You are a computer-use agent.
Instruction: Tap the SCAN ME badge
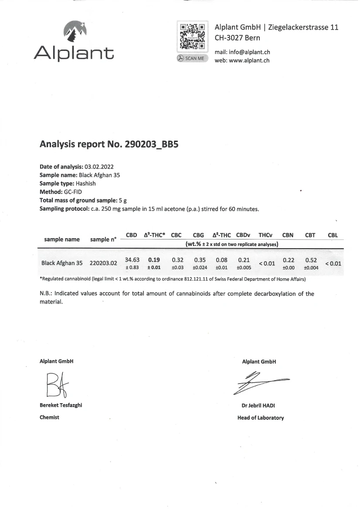(x=192, y=58)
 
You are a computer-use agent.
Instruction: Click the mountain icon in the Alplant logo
(x=75, y=31)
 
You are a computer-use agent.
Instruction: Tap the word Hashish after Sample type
(x=85, y=183)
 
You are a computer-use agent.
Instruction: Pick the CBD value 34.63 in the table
(x=132, y=260)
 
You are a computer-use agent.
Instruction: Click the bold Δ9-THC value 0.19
(x=154, y=260)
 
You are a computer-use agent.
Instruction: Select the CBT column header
(x=310, y=235)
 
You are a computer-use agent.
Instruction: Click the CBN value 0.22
(x=289, y=260)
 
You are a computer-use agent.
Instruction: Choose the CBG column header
(x=199, y=235)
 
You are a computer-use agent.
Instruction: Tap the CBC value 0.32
(x=178, y=260)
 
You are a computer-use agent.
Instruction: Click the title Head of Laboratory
(x=261, y=418)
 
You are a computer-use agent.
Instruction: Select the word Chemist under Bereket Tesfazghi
(x=49, y=417)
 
